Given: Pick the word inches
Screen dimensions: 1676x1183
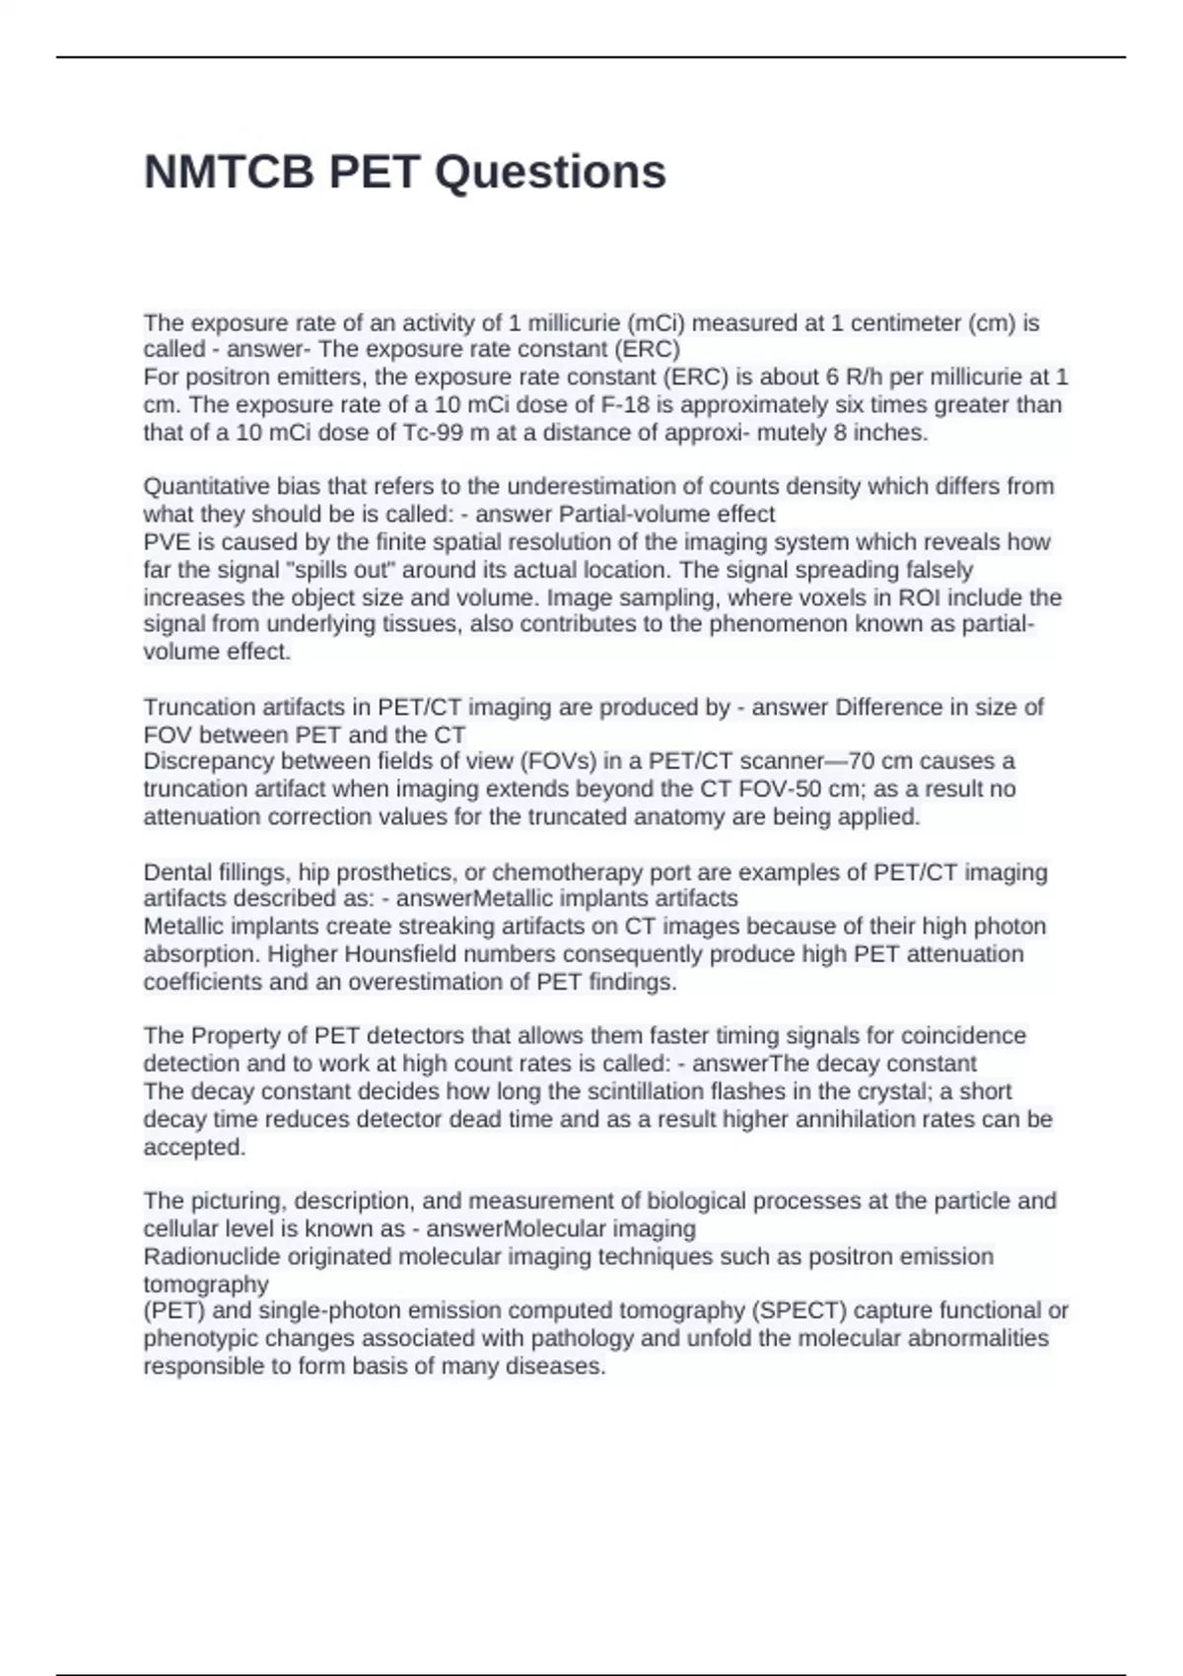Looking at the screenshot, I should click(x=894, y=433).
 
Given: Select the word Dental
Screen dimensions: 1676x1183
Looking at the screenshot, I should click(x=174, y=873).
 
